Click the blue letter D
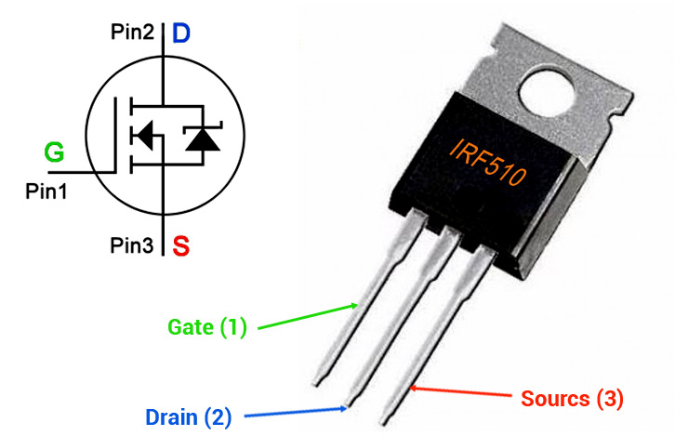(180, 33)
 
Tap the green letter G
(54, 152)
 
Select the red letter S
(180, 245)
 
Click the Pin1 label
(46, 192)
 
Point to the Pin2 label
(132, 32)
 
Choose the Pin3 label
(132, 245)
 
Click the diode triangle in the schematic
(203, 139)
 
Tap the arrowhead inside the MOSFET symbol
(143, 136)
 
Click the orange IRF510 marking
(488, 163)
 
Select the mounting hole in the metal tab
(547, 93)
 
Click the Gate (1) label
(207, 327)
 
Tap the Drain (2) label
(188, 417)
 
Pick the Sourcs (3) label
(572, 399)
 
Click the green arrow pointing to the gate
(308, 317)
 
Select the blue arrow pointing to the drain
(296, 413)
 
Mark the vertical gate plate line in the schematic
(115, 135)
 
